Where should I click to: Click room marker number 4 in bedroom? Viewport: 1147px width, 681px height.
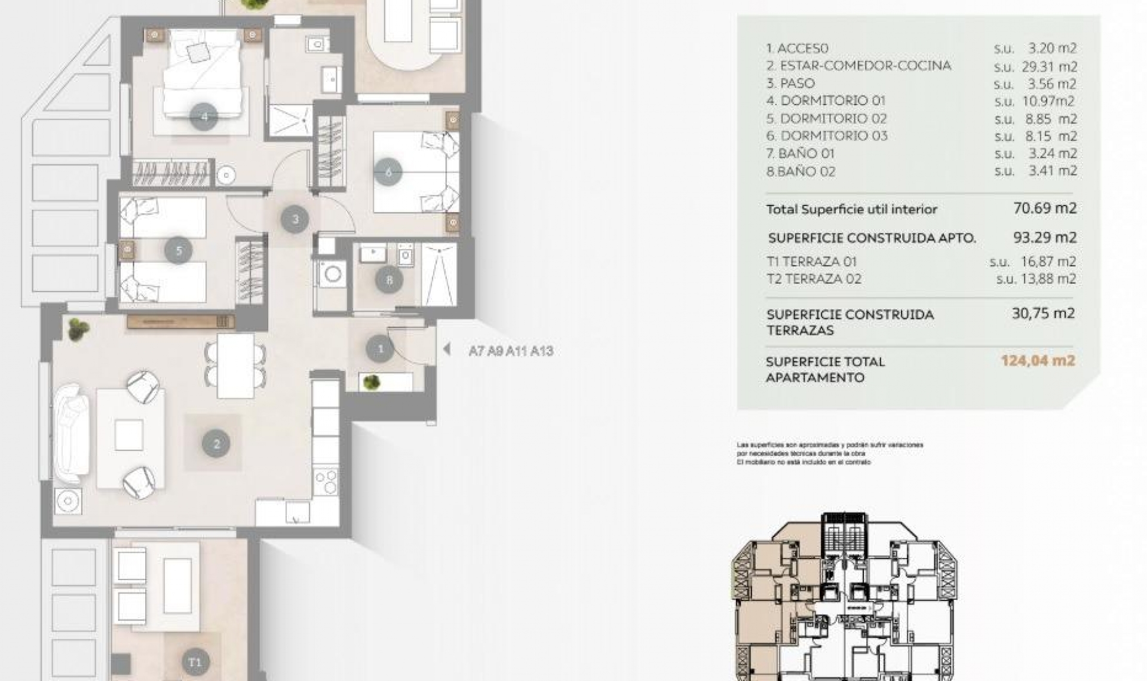pyautogui.click(x=204, y=116)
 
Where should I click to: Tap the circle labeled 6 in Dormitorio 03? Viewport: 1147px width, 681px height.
pyautogui.click(x=388, y=172)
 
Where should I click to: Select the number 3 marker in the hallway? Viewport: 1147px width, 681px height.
pyautogui.click(x=295, y=219)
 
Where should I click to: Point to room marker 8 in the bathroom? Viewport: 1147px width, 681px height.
pyautogui.click(x=390, y=279)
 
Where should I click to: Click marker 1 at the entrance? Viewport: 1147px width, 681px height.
pyautogui.click(x=380, y=348)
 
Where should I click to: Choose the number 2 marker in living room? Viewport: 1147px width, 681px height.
pyautogui.click(x=216, y=443)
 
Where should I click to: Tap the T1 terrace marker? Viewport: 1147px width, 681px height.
pyautogui.click(x=195, y=662)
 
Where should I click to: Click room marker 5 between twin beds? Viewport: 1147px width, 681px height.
pyautogui.click(x=179, y=251)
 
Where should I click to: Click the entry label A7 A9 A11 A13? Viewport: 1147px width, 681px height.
pyautogui.click(x=511, y=351)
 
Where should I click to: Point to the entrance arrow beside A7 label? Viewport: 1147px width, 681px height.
pyautogui.click(x=446, y=349)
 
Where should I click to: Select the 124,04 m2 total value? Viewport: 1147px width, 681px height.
pyautogui.click(x=1038, y=361)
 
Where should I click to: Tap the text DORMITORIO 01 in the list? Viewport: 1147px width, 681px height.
pyautogui.click(x=833, y=101)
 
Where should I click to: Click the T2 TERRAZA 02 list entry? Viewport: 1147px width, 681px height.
pyautogui.click(x=814, y=279)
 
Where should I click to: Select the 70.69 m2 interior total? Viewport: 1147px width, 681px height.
pyautogui.click(x=1045, y=208)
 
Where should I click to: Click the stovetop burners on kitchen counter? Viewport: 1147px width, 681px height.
pyautogui.click(x=326, y=481)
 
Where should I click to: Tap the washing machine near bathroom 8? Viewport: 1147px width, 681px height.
pyautogui.click(x=330, y=274)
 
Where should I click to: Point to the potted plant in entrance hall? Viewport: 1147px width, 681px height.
pyautogui.click(x=372, y=381)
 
